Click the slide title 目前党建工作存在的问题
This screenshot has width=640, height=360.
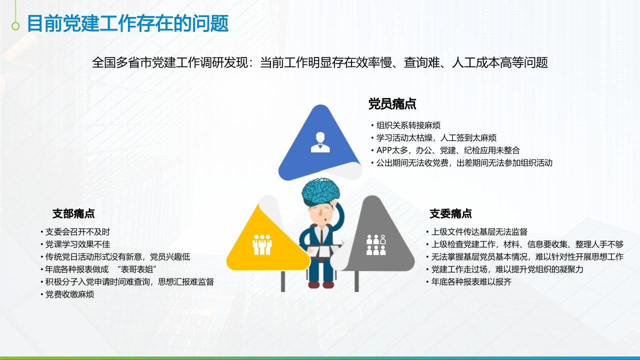127,23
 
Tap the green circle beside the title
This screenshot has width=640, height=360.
15,26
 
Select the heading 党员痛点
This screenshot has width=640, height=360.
392,103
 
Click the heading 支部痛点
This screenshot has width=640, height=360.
73,213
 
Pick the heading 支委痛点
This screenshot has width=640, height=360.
450,213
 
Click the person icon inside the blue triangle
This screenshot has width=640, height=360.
320,142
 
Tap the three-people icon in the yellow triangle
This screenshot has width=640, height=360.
262,245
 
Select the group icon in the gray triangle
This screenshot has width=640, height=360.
376,245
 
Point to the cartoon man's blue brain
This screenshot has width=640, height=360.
321,191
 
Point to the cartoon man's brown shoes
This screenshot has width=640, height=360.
321,284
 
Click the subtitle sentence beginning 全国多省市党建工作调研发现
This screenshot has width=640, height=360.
319,62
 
